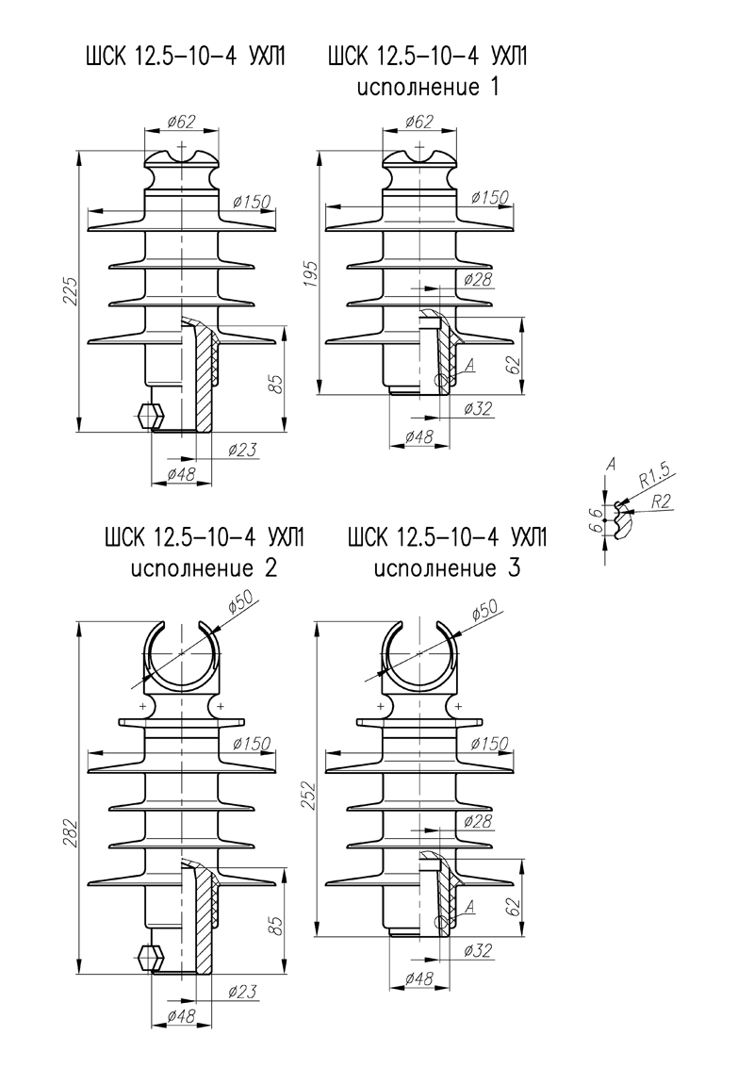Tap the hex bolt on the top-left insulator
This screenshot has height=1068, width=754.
click(148, 414)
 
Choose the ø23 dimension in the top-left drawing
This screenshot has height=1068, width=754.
click(243, 451)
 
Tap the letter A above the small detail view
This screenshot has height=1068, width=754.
click(611, 463)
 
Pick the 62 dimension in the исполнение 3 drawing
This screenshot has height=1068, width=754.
click(514, 908)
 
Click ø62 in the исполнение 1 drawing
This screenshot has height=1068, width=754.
click(417, 123)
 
